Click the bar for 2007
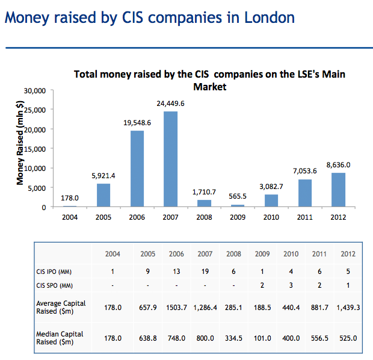[x=170, y=159]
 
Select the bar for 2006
[x=137, y=169]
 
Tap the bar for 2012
[x=339, y=190]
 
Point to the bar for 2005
[x=103, y=195]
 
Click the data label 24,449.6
[x=170, y=104]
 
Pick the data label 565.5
[x=238, y=197]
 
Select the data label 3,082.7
[x=272, y=187]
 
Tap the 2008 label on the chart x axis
[x=204, y=217]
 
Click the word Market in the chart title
[x=209, y=87]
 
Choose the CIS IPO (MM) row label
[x=55, y=271]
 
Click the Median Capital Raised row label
[x=59, y=338]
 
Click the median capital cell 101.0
[x=262, y=338]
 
